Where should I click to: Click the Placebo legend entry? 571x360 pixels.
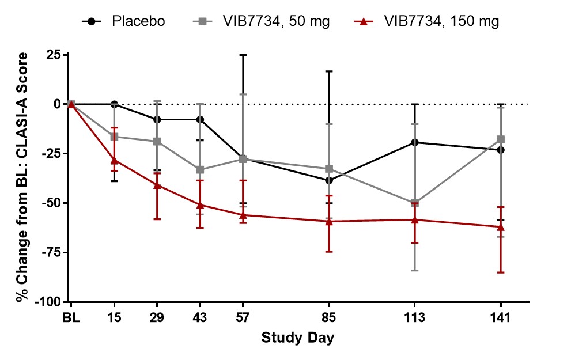pos(124,22)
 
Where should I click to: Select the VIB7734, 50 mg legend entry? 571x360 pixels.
pos(260,22)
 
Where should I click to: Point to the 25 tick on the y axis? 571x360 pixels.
pos(54,55)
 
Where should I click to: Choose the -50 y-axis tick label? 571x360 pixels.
pos(51,203)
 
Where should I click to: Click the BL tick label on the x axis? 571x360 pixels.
pos(71,317)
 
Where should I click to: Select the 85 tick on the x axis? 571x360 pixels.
pos(329,317)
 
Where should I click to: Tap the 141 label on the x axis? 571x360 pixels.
pos(500,317)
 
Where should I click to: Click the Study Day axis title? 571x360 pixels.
pos(298,337)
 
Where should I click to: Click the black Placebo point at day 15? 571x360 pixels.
pos(114,104)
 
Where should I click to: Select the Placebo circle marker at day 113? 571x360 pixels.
pos(414,142)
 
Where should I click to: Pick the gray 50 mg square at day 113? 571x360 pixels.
pos(414,203)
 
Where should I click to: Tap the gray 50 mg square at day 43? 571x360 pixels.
pos(200,170)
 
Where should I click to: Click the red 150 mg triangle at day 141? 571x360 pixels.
pos(500,226)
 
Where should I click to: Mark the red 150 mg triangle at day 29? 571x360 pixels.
pos(157,185)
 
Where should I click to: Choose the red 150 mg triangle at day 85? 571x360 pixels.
pos(329,221)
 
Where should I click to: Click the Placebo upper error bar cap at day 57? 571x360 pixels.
pos(243,55)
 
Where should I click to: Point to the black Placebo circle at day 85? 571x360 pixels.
pos(329,180)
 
